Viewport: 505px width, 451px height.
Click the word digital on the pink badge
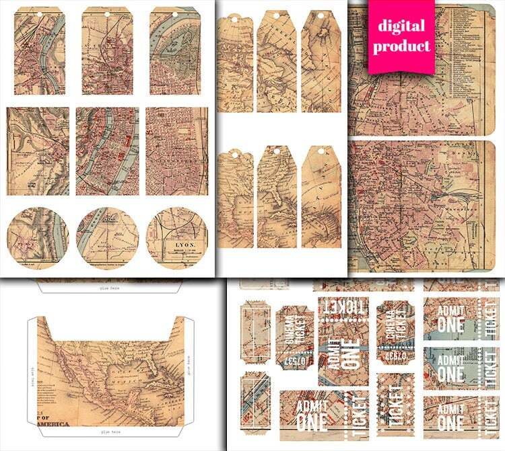(401, 27)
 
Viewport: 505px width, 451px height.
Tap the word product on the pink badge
(401, 46)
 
